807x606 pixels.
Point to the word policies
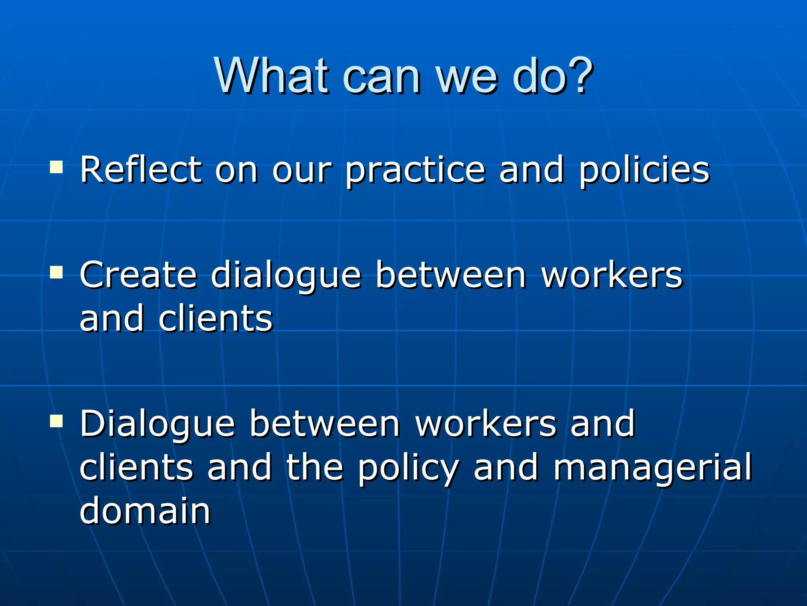644,171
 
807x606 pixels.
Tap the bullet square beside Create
56,272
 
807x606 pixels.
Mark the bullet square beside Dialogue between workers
56,421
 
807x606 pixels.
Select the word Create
138,275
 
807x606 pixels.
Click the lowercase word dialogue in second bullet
286,277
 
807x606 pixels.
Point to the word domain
145,511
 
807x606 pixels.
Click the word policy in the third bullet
408,469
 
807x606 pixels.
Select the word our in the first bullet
302,171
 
